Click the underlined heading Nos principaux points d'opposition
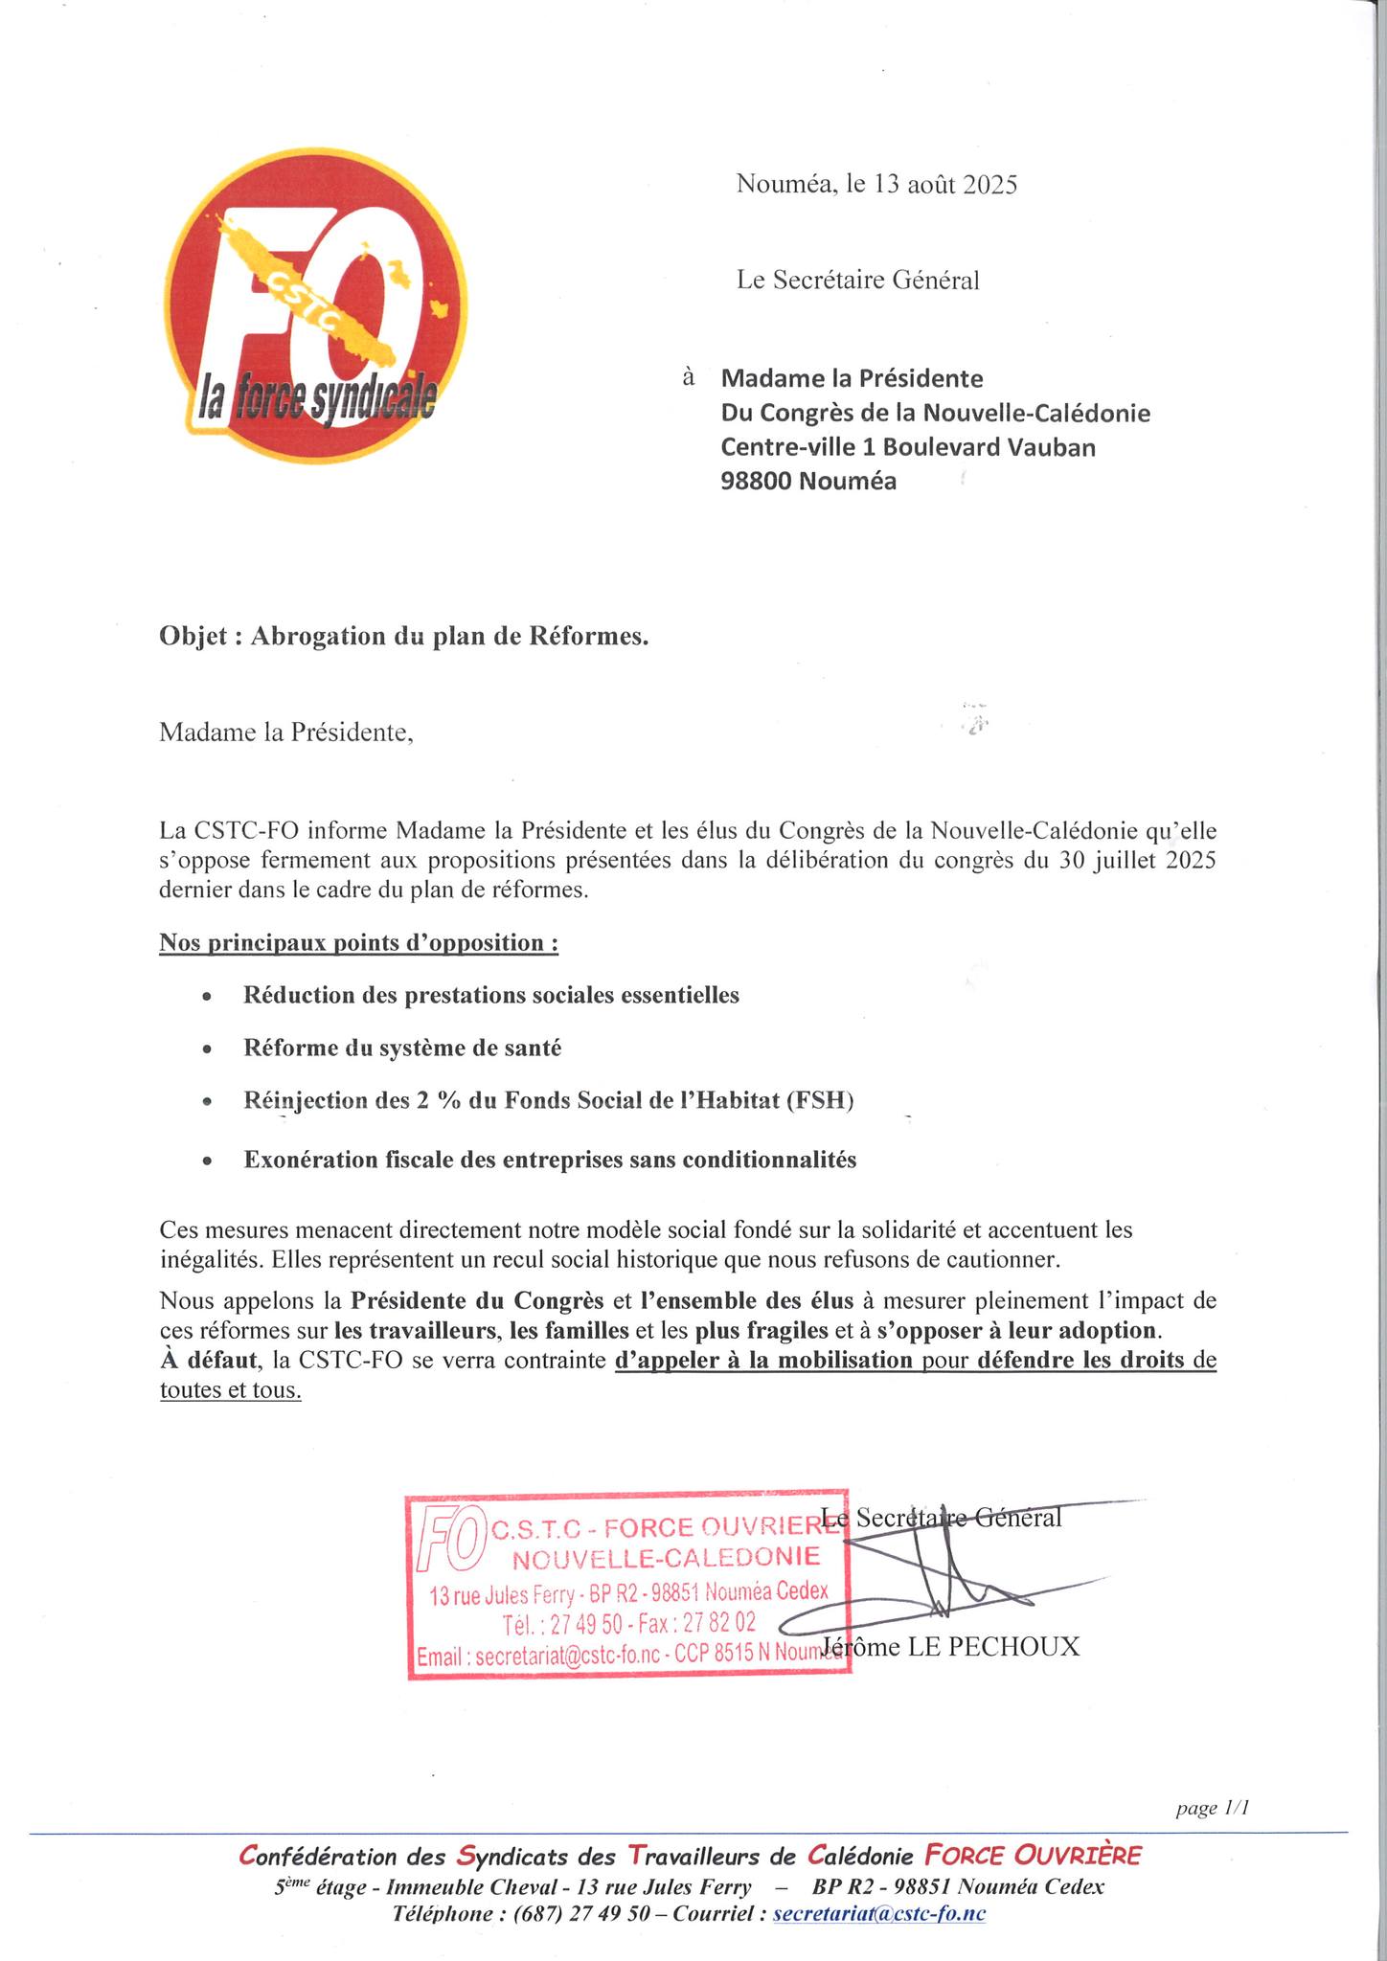tap(358, 943)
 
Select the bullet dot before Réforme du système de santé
tap(206, 1050)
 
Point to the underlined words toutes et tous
tap(230, 1391)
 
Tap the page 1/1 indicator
tap(1213, 1808)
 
